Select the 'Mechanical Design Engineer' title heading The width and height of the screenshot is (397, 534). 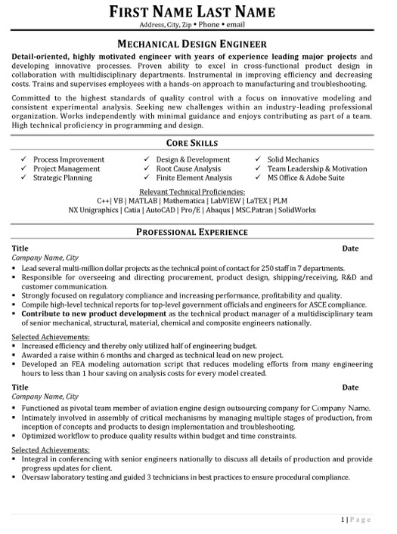tap(198, 45)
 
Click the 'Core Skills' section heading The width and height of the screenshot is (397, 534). tap(198, 142)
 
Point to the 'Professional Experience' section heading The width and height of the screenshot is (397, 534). tap(198, 233)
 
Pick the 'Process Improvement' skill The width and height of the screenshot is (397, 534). tap(67, 160)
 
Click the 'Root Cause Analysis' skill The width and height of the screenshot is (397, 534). tap(188, 169)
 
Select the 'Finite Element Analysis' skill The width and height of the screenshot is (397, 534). tap(194, 178)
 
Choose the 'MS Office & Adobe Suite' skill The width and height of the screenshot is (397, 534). tap(306, 178)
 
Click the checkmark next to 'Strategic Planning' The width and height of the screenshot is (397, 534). tap(24, 178)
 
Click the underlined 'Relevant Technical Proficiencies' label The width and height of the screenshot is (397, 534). tap(198, 192)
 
